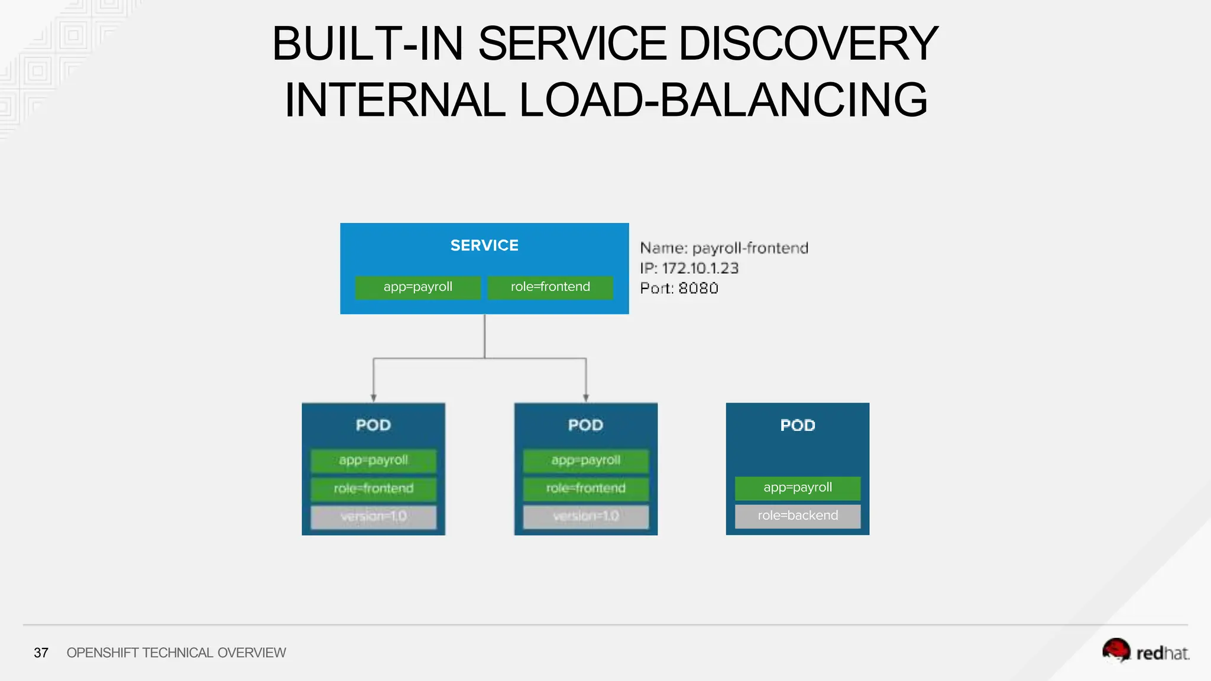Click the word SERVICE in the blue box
(484, 245)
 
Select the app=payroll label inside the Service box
(417, 287)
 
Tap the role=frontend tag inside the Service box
(550, 287)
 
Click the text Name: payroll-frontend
(724, 248)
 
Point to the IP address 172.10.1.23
(700, 268)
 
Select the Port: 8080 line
(679, 288)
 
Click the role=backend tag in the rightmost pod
(798, 515)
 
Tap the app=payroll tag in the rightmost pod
(798, 488)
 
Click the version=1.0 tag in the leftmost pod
(373, 517)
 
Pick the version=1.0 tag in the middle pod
(585, 517)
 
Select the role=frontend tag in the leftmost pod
(373, 489)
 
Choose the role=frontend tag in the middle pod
(585, 489)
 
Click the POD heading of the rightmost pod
(798, 426)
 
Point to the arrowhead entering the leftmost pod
(373, 398)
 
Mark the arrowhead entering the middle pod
(586, 398)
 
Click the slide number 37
(41, 653)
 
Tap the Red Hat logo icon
(1116, 650)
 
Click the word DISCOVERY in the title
(808, 44)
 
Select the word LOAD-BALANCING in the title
(723, 100)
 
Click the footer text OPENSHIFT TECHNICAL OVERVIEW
(176, 653)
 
